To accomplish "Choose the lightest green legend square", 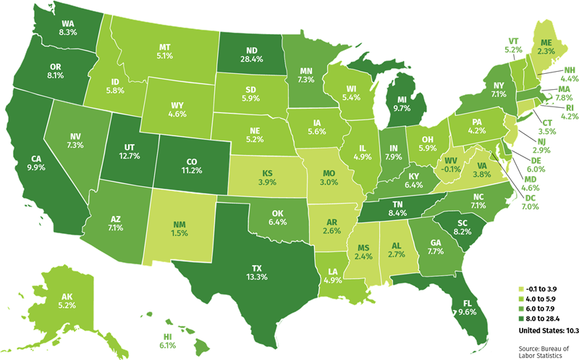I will point(520,289).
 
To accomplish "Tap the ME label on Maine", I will point(547,43).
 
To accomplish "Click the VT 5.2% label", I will point(513,45).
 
